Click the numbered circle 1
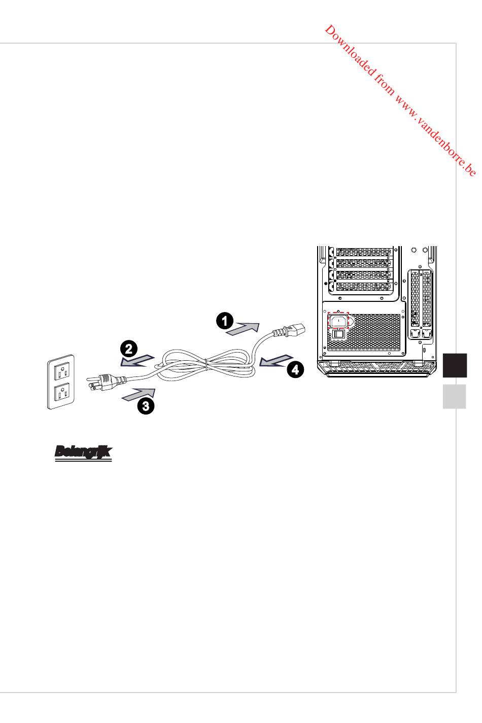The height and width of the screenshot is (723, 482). coord(225,321)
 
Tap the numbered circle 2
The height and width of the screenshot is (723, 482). coord(129,349)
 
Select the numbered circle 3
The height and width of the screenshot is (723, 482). coord(146,405)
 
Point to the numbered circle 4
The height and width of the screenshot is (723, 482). coord(295,369)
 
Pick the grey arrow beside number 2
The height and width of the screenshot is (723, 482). coord(137,361)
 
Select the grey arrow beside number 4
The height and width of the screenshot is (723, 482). coord(277,361)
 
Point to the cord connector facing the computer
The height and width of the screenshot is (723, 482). coord(289,330)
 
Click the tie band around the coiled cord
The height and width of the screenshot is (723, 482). coord(205,364)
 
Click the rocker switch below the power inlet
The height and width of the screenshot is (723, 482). coord(338,334)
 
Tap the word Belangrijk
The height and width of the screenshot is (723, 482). coord(83,452)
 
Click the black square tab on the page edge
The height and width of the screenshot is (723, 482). coord(455,365)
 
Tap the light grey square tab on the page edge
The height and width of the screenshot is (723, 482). coord(454,396)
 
